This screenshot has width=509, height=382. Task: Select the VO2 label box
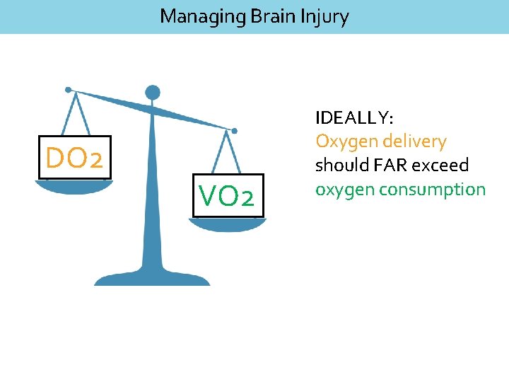(x=226, y=196)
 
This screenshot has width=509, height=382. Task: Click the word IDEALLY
(x=358, y=117)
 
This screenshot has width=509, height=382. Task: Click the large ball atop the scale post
(x=152, y=92)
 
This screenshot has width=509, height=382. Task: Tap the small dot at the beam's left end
(x=68, y=90)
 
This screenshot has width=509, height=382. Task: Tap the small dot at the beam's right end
(x=235, y=130)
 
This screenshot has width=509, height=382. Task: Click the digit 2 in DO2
(x=97, y=159)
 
